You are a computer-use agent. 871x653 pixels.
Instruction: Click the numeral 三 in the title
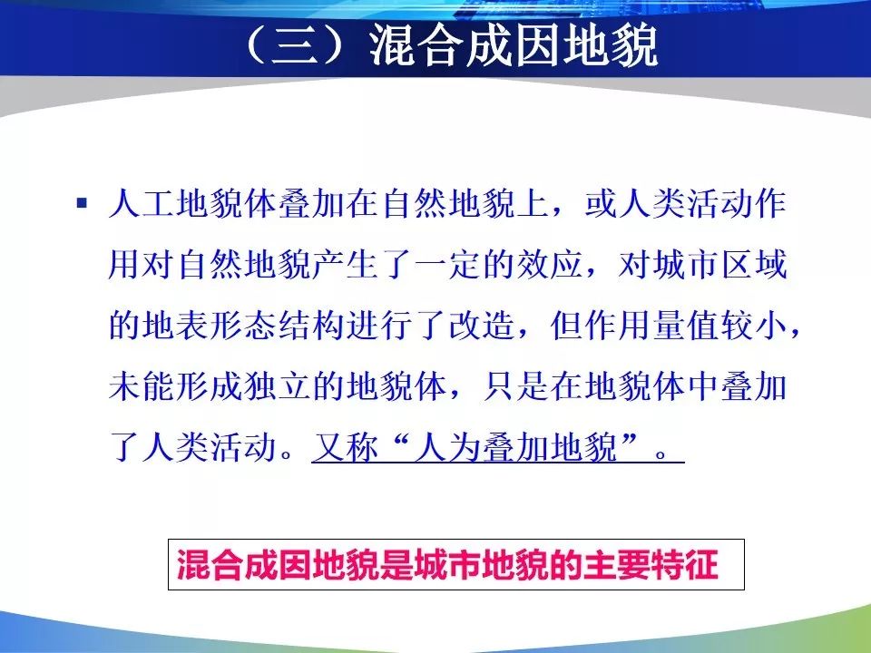click(x=294, y=45)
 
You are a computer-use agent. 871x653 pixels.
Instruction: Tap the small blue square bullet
click(x=83, y=202)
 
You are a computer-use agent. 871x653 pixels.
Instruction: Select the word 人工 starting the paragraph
click(x=142, y=204)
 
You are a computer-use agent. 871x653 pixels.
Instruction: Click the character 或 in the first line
click(x=601, y=204)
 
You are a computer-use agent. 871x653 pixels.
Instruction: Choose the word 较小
click(x=754, y=326)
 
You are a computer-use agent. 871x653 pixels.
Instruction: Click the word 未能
click(x=142, y=386)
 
